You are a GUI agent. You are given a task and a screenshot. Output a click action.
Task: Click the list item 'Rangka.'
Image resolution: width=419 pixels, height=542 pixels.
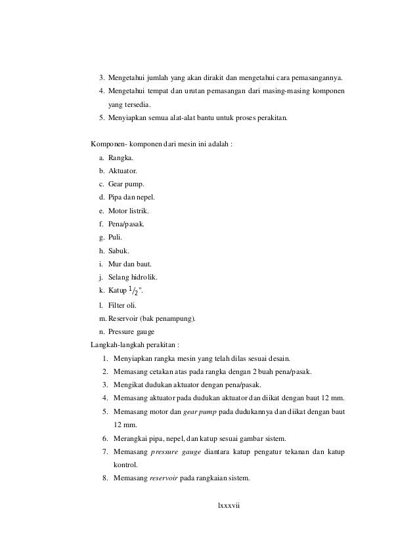[120, 158]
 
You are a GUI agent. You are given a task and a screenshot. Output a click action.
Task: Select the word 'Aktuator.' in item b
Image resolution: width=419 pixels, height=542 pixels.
[123, 172]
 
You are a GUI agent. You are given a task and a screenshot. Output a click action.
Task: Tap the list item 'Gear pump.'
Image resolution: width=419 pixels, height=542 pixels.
[126, 185]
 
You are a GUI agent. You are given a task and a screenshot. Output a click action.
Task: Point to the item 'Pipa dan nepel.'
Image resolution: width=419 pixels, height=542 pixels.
[132, 198]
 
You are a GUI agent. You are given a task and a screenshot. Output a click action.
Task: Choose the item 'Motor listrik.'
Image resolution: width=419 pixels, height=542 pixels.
[129, 211]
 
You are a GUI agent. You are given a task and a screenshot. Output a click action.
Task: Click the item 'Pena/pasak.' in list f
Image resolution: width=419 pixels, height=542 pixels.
[127, 224]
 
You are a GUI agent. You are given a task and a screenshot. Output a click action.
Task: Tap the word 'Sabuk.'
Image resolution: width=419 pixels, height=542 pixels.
[119, 251]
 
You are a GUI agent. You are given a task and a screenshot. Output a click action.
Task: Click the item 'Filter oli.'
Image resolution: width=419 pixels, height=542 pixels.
[123, 306]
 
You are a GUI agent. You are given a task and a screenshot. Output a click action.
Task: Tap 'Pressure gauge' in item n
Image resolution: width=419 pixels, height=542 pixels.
[133, 332]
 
